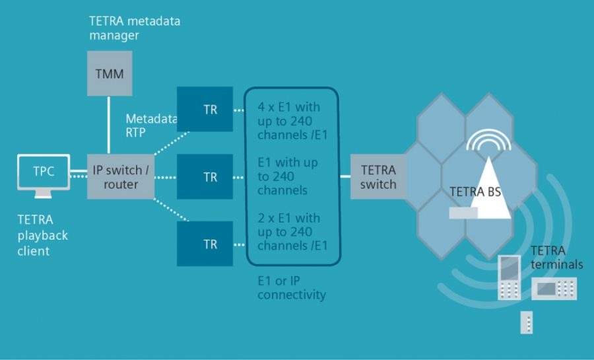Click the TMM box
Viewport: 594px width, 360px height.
(x=109, y=73)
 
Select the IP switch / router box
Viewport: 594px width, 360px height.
(x=121, y=177)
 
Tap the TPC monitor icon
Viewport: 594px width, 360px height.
(x=44, y=174)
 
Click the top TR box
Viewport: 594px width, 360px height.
(x=210, y=110)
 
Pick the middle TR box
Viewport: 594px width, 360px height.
(x=210, y=177)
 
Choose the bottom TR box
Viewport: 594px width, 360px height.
(x=210, y=244)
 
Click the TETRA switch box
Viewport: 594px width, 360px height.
(x=378, y=176)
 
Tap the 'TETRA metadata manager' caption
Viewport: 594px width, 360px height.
(x=134, y=29)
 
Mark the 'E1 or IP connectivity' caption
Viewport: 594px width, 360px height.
(x=291, y=288)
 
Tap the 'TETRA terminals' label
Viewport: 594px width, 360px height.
(x=556, y=257)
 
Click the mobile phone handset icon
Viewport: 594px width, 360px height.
(x=510, y=277)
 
